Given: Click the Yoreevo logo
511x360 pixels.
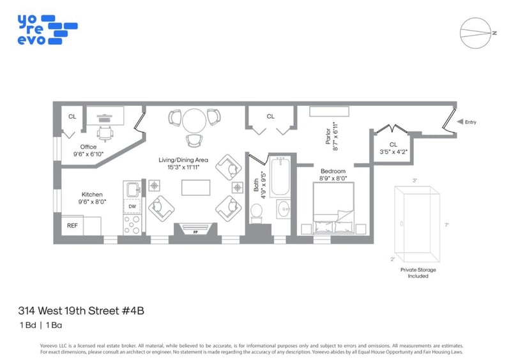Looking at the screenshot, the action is [x=47, y=29].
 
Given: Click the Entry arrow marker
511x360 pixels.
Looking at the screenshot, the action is [x=460, y=121].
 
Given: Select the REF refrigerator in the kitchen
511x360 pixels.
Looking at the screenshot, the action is [x=72, y=225].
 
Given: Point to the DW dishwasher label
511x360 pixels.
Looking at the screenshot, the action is [x=132, y=206].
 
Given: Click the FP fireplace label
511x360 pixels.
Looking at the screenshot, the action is [x=195, y=232].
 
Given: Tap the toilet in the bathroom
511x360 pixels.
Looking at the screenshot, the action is [x=257, y=213].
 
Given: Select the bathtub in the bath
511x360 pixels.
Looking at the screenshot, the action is [x=280, y=176].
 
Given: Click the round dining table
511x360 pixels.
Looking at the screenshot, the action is [x=194, y=121].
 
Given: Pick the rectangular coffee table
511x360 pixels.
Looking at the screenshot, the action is [x=195, y=188].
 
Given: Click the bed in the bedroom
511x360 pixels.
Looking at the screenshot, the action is [x=333, y=208].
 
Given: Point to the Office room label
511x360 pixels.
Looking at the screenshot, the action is [x=88, y=147].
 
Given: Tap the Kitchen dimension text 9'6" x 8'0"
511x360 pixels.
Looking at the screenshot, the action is [x=92, y=202].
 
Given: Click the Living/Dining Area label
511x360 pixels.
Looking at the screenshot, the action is [x=183, y=160].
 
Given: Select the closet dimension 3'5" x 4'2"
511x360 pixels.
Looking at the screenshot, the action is [x=393, y=152].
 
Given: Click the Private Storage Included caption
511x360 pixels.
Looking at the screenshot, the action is [x=418, y=273].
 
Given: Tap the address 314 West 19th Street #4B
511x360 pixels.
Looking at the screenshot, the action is [x=81, y=311].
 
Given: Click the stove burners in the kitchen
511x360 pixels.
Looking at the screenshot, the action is [x=132, y=225].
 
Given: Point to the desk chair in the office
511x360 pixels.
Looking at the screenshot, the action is [x=105, y=134].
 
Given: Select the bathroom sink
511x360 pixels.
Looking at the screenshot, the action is [x=284, y=209].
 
